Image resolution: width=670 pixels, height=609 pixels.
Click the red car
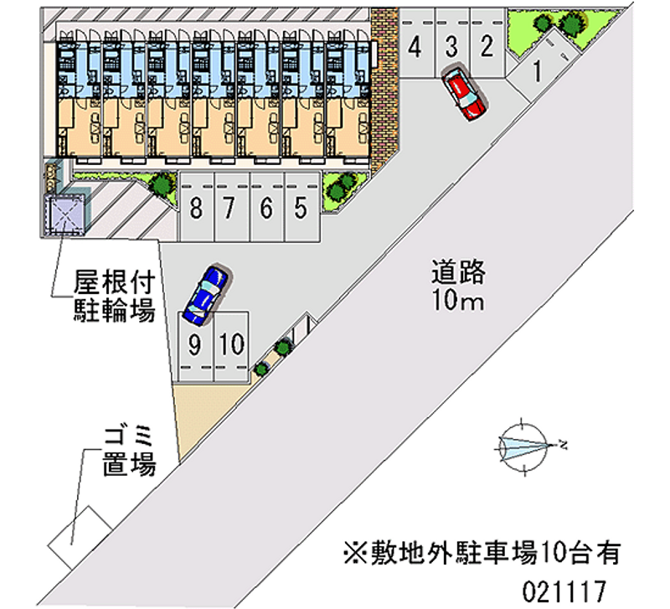tap(463, 93)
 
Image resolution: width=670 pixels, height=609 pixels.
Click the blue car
tap(206, 294)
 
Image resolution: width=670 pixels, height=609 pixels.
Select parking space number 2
tap(487, 47)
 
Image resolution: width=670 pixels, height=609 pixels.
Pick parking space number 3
tap(451, 47)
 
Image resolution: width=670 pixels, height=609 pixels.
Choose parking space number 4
tap(415, 47)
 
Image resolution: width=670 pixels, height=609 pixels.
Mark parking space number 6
tap(265, 206)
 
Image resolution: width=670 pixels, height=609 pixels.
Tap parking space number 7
tap(229, 206)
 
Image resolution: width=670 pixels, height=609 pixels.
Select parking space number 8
tap(195, 206)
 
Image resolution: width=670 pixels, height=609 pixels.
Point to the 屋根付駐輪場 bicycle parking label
tap(114, 296)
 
